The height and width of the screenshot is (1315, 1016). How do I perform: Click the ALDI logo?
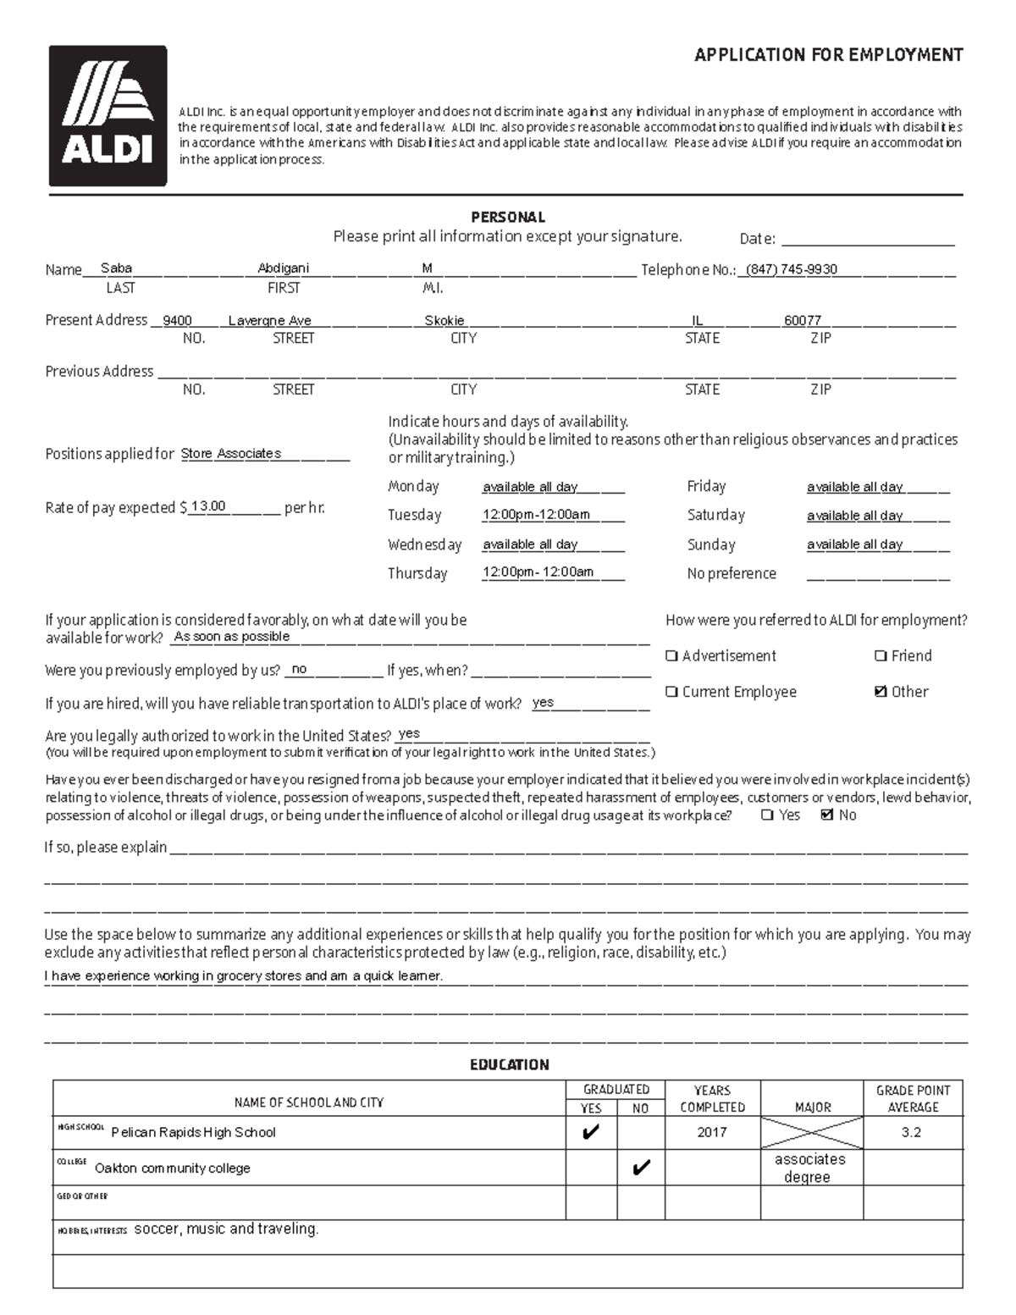click(108, 116)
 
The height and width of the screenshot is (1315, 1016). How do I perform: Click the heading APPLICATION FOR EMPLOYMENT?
click(828, 56)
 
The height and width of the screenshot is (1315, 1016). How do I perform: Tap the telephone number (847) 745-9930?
click(792, 269)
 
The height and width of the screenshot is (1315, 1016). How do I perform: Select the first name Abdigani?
click(283, 268)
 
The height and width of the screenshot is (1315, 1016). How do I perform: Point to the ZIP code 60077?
click(802, 321)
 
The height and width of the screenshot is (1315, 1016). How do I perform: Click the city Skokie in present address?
click(444, 321)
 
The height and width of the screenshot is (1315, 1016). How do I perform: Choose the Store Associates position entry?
click(230, 454)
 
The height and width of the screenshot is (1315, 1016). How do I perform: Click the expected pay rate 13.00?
click(208, 506)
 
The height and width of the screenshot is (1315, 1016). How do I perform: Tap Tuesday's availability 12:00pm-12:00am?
click(536, 515)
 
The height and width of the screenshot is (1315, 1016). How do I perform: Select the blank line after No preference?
click(877, 575)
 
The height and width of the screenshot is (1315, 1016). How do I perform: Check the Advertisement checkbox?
click(671, 656)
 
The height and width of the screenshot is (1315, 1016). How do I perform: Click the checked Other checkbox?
click(881, 692)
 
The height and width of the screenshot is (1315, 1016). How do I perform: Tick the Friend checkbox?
click(881, 656)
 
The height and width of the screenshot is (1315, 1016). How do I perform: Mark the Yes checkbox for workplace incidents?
click(767, 815)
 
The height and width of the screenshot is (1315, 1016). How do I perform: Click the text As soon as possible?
click(231, 637)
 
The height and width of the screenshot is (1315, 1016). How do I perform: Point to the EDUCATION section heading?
click(509, 1064)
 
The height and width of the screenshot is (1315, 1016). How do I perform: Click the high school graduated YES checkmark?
click(591, 1132)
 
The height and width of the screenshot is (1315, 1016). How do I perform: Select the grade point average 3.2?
click(911, 1132)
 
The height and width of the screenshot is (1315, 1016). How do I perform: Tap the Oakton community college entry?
click(173, 1169)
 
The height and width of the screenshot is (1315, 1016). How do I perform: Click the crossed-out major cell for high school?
click(812, 1132)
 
